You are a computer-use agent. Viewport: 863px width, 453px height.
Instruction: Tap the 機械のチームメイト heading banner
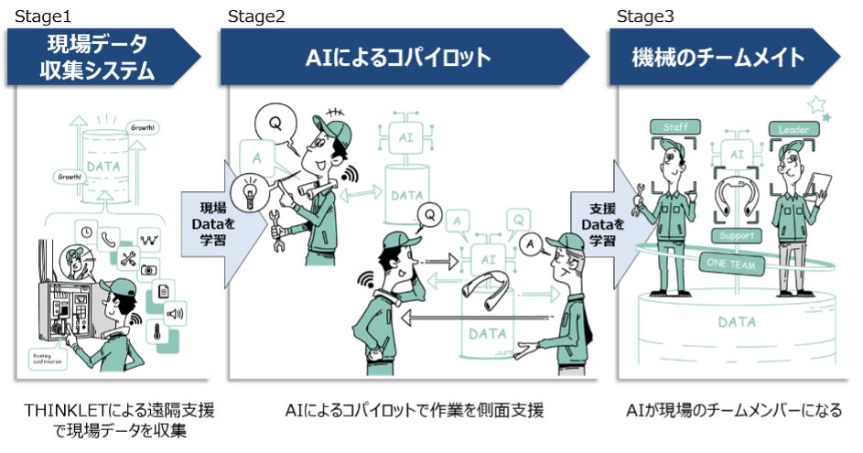718,58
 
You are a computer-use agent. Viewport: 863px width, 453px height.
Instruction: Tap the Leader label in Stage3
793,130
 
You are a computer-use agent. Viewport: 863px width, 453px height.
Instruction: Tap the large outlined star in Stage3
816,105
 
